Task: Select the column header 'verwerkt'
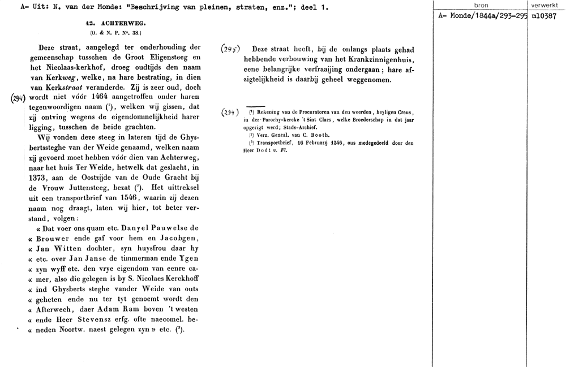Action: tap(546, 5)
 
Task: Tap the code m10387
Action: tap(546, 16)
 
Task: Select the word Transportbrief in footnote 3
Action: tap(277, 143)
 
